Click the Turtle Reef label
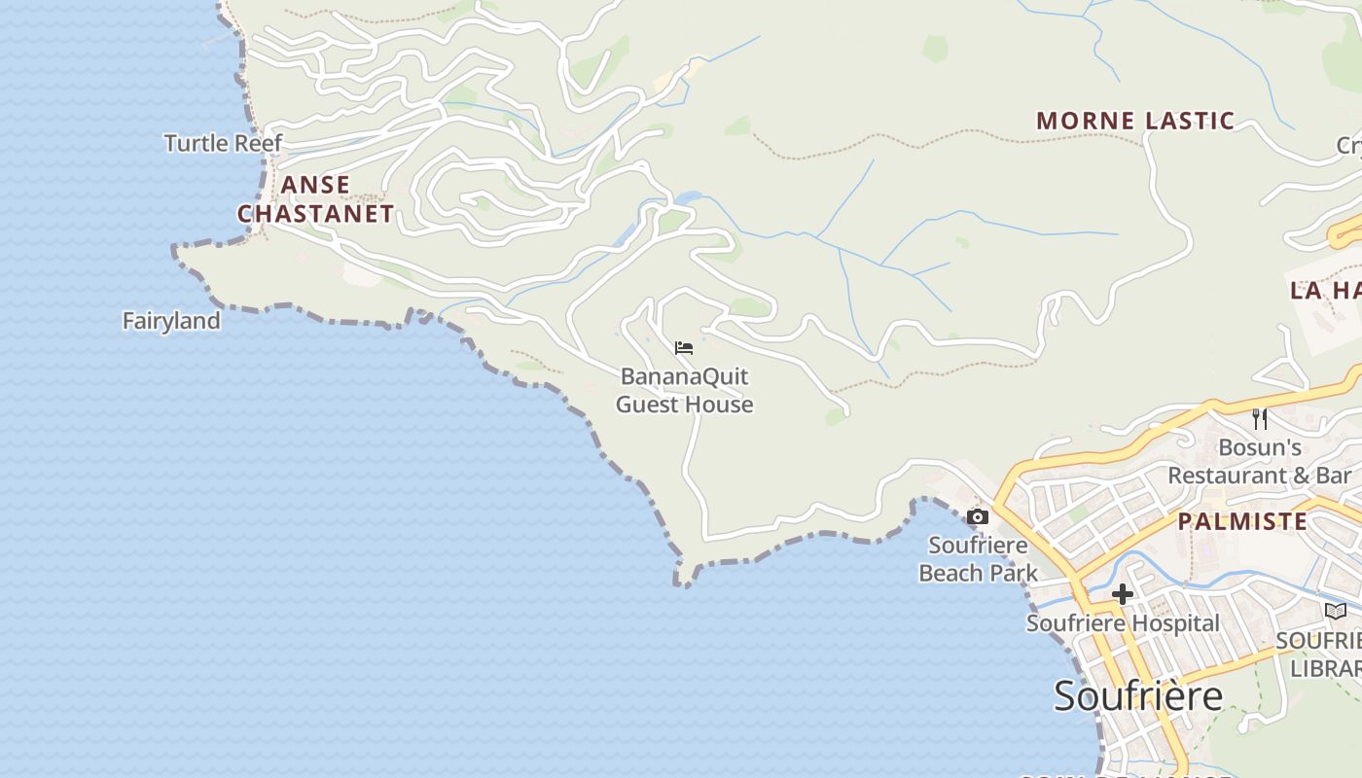tap(223, 143)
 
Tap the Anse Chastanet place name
tap(315, 199)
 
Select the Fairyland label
tap(171, 321)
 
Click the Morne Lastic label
tap(1134, 122)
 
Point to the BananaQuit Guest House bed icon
tap(684, 347)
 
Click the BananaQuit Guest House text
tap(685, 390)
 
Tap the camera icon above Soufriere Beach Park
tap(978, 516)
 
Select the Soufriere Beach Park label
tap(979, 559)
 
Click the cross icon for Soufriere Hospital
tap(1123, 594)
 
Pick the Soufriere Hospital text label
tap(1123, 623)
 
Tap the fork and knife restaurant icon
tap(1260, 419)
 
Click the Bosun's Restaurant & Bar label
tap(1260, 462)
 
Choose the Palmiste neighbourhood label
tap(1242, 521)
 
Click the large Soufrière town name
tap(1138, 696)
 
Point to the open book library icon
tap(1336, 611)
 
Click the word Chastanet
tap(315, 214)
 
